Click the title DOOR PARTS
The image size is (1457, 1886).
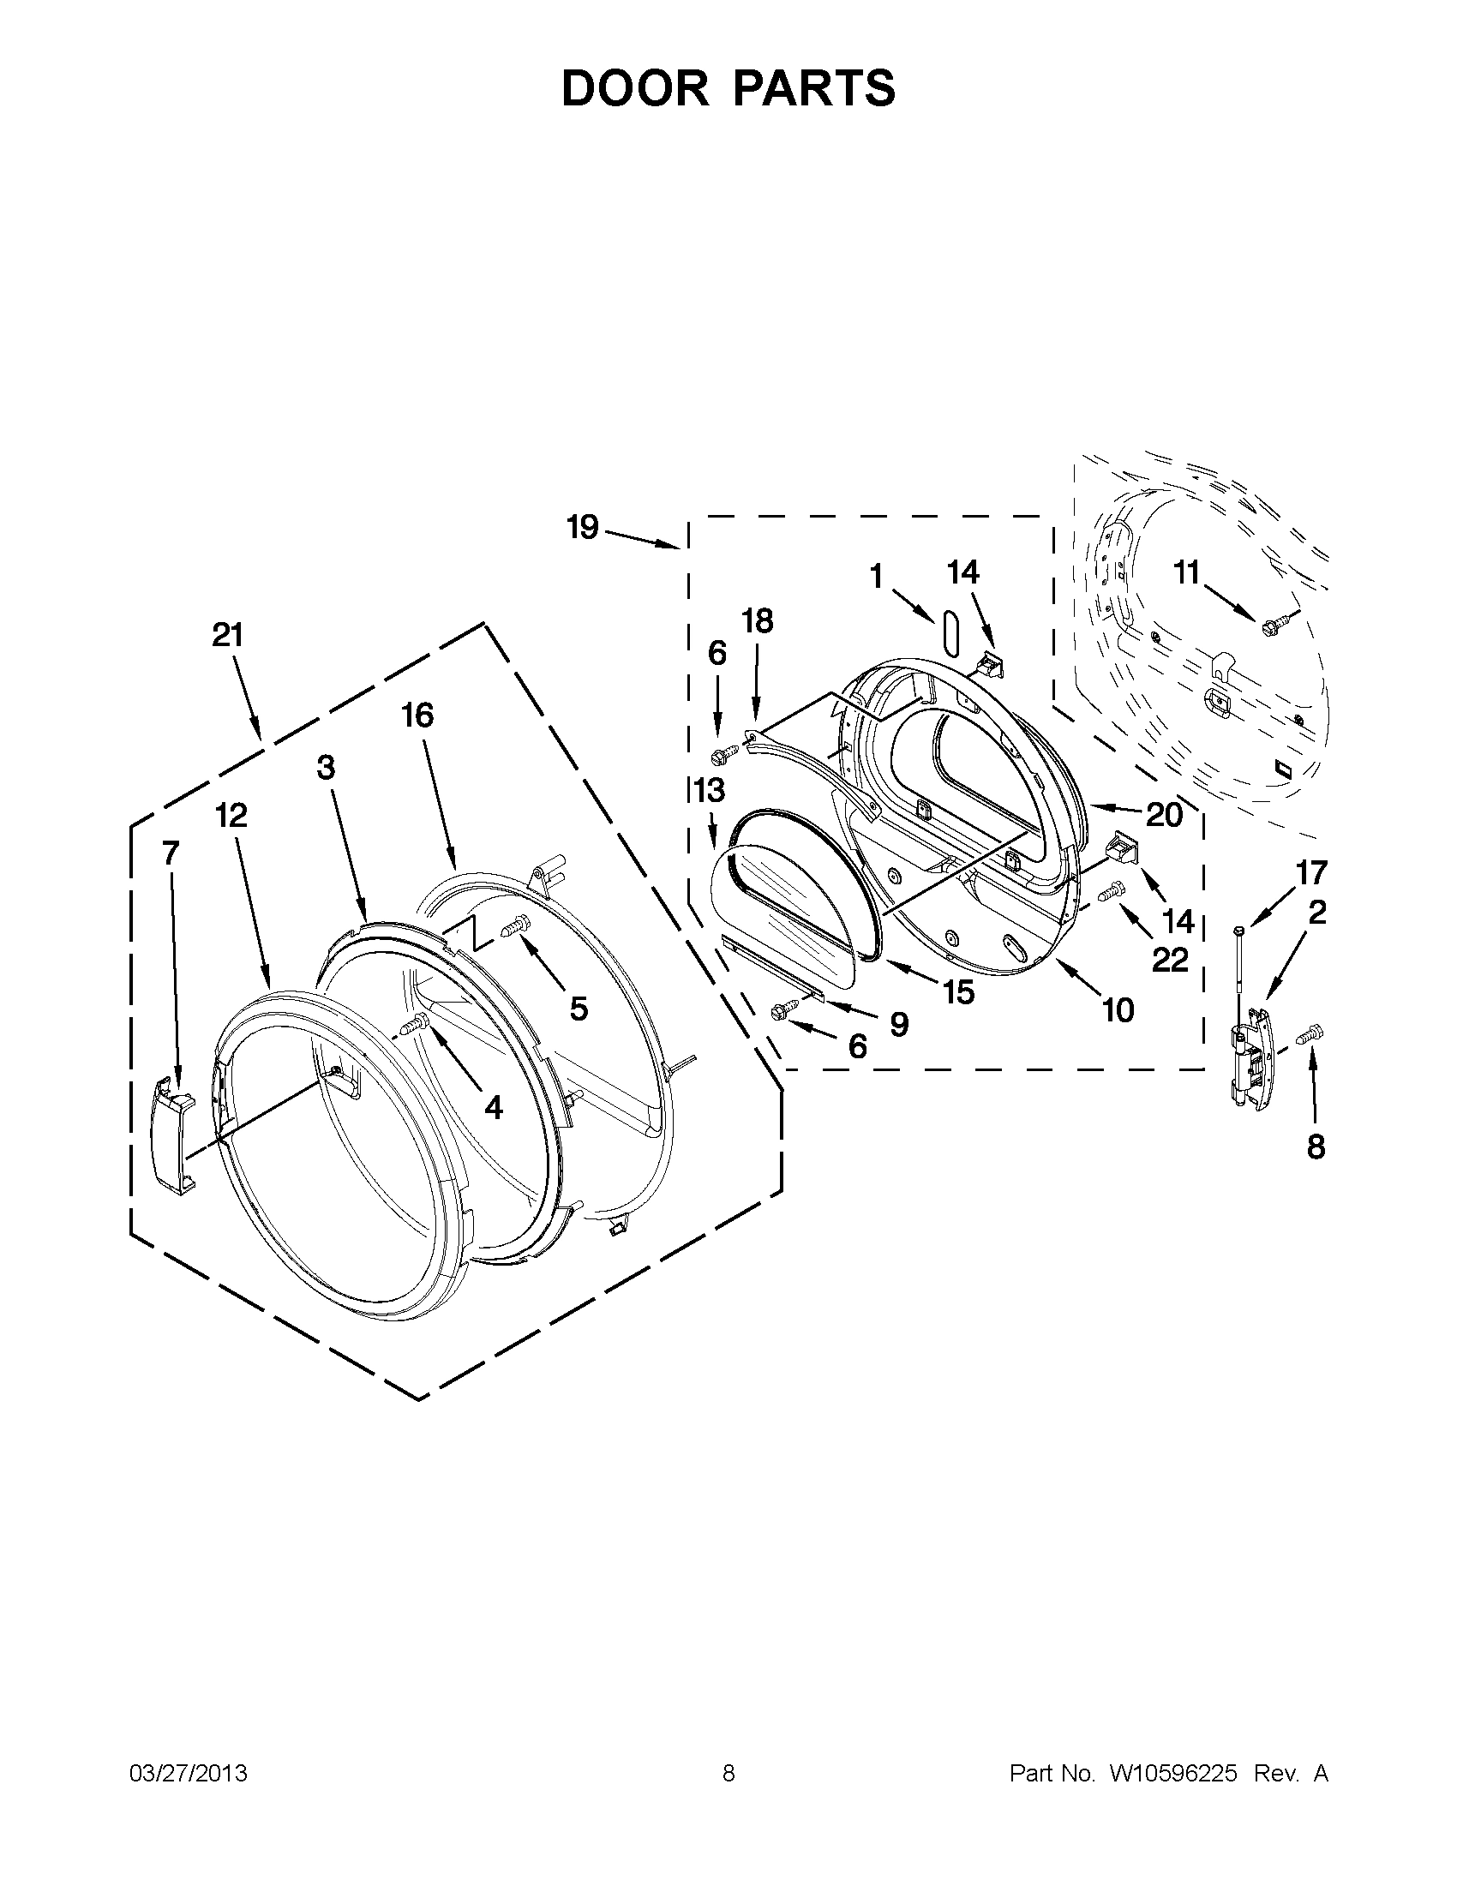(728, 88)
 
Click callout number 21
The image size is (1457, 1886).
(228, 636)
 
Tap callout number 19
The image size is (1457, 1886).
(583, 527)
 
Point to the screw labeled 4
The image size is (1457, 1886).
(417, 1024)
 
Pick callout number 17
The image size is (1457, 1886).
(1310, 873)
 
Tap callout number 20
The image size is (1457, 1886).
(1164, 814)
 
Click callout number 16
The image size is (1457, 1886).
(417, 715)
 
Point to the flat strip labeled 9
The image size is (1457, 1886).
(773, 970)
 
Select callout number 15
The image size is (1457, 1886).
(959, 993)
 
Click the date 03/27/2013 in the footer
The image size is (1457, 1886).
(189, 1773)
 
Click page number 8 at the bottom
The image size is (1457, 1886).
(728, 1773)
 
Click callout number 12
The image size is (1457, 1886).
(231, 814)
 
